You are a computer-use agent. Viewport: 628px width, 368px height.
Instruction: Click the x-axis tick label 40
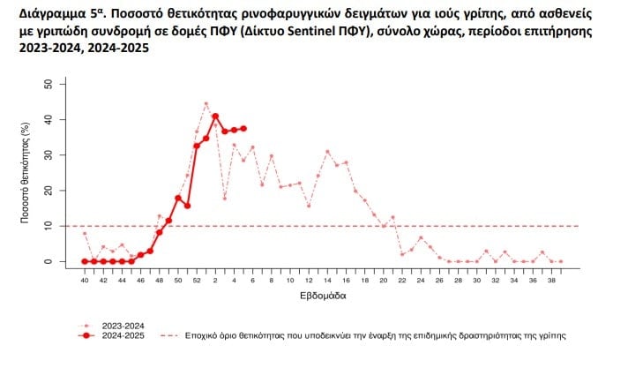coord(85,280)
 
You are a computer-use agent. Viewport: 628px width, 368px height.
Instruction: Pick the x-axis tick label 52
coord(197,280)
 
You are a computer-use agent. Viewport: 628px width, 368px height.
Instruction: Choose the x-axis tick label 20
coord(384,280)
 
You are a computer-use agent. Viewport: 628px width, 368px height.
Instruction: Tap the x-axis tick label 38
coord(552,280)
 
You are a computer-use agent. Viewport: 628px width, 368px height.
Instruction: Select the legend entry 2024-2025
coord(123,336)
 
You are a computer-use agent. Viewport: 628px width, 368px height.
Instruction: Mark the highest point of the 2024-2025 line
coord(215,116)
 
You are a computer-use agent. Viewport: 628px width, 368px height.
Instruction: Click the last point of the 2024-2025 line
coord(243,128)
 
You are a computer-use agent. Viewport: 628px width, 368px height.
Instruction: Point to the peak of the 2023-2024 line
coord(206,103)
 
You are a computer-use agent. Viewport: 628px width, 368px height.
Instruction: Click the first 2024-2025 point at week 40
coord(85,261)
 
